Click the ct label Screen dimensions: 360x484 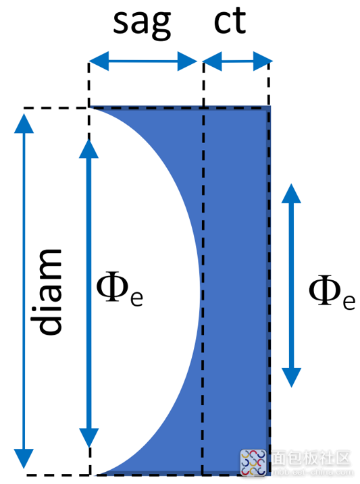(x=230, y=21)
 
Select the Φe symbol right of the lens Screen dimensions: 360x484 (x=332, y=292)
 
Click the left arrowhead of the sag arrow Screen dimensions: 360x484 (x=99, y=61)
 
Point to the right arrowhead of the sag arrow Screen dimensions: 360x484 (x=187, y=61)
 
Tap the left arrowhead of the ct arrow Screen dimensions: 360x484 (x=212, y=61)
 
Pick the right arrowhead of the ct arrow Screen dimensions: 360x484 (x=263, y=61)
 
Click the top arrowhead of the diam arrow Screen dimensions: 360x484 (x=24, y=124)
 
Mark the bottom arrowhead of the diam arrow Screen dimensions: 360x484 (x=24, y=458)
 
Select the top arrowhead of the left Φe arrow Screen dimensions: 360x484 (x=88, y=149)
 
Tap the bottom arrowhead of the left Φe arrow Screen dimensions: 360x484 (x=89, y=437)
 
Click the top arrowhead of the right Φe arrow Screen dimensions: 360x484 (x=291, y=193)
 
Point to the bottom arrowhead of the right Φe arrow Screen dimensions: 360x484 (x=291, y=377)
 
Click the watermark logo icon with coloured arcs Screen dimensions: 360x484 (x=253, y=462)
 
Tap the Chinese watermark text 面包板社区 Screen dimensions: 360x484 (x=311, y=458)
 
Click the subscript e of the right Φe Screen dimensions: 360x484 (x=349, y=302)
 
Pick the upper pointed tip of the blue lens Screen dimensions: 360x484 (x=91, y=107)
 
